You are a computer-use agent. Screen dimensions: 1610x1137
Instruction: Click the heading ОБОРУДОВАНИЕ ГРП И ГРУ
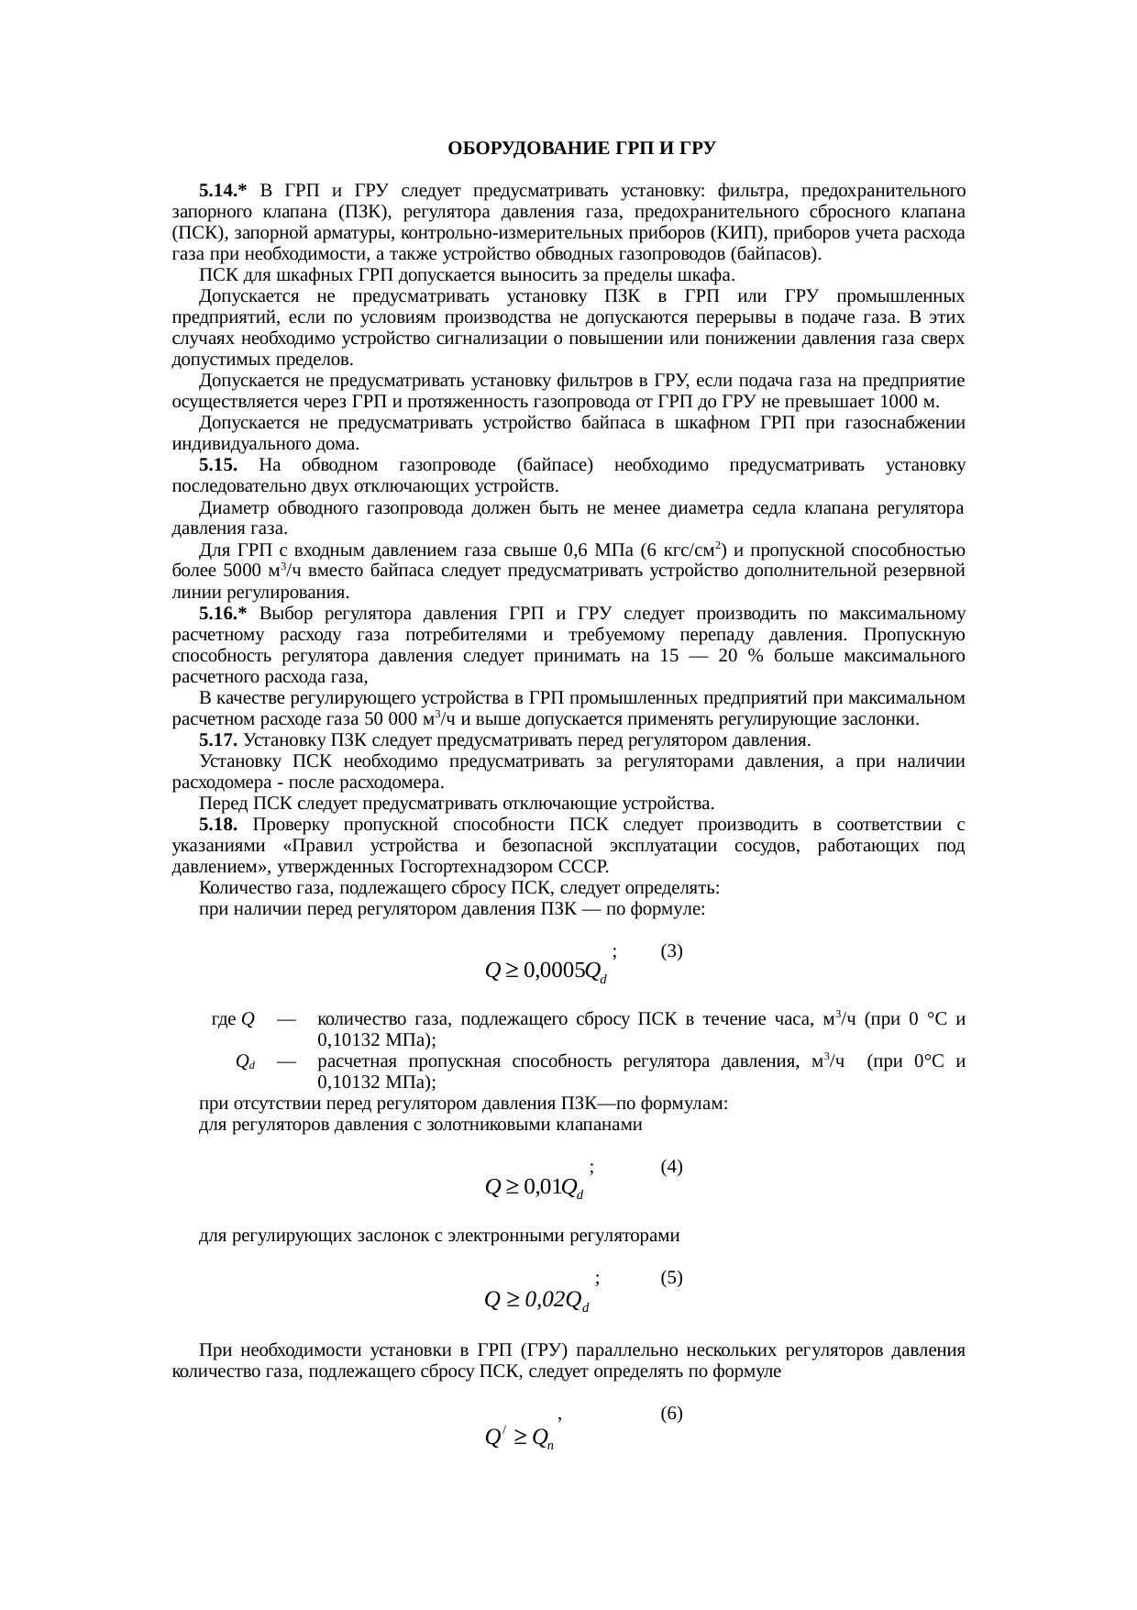(581, 149)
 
